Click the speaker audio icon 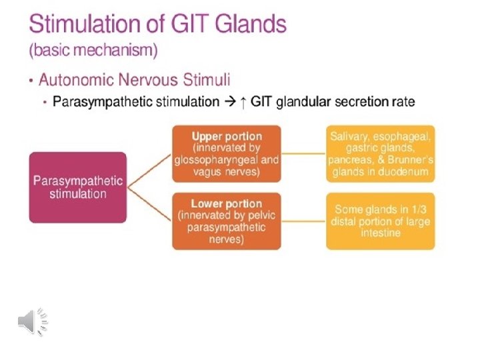32,321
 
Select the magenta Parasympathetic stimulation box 78,187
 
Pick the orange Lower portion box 226,221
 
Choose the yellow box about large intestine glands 381,221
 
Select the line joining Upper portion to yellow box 303,153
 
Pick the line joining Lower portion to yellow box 303,220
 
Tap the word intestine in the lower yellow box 381,233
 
